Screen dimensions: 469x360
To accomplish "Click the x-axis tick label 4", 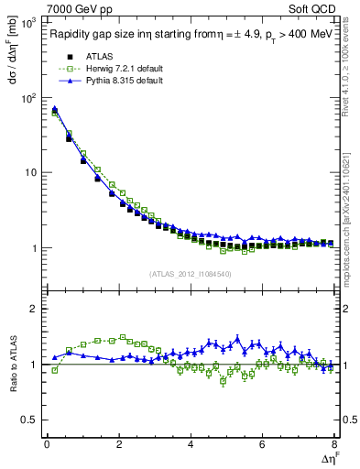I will [x=191, y=444].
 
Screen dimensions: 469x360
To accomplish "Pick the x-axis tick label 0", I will [x=47, y=444].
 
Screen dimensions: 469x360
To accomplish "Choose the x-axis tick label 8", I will [x=334, y=444].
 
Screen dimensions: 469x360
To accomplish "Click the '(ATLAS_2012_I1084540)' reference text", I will [x=191, y=272].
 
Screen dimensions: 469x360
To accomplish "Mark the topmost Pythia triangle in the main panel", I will [x=54, y=109].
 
